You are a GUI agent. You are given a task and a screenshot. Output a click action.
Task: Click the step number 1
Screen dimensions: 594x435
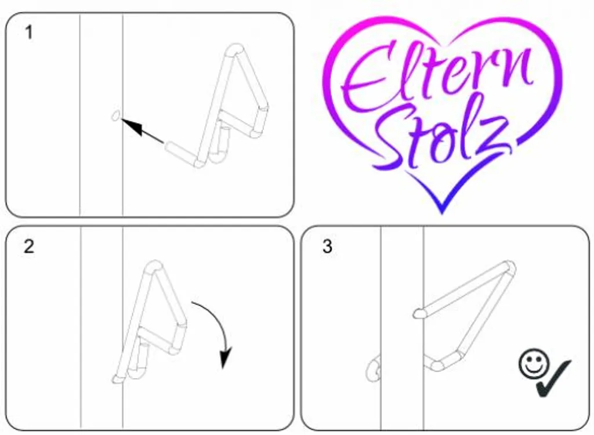click(29, 32)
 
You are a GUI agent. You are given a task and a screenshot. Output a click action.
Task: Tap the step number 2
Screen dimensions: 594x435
click(29, 246)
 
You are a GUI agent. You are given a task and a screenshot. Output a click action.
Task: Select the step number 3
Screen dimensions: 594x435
click(327, 246)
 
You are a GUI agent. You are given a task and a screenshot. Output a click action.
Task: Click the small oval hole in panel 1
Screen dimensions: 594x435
click(116, 115)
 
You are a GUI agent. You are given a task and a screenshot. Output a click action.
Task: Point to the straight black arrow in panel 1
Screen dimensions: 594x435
click(143, 130)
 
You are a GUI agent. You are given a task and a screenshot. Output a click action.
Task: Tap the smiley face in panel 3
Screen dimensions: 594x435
click(534, 364)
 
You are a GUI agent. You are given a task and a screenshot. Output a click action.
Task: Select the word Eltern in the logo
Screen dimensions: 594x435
click(436, 76)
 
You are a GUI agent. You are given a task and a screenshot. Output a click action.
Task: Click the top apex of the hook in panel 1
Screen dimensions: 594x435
click(236, 49)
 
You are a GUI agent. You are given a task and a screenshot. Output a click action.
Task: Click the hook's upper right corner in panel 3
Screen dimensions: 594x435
click(510, 266)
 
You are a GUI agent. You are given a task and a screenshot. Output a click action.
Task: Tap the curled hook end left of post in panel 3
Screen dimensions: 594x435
click(374, 369)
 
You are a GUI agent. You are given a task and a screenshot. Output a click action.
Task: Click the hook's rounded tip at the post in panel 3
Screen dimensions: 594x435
click(419, 313)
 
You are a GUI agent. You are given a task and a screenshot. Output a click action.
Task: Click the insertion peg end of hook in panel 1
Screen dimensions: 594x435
click(170, 146)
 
